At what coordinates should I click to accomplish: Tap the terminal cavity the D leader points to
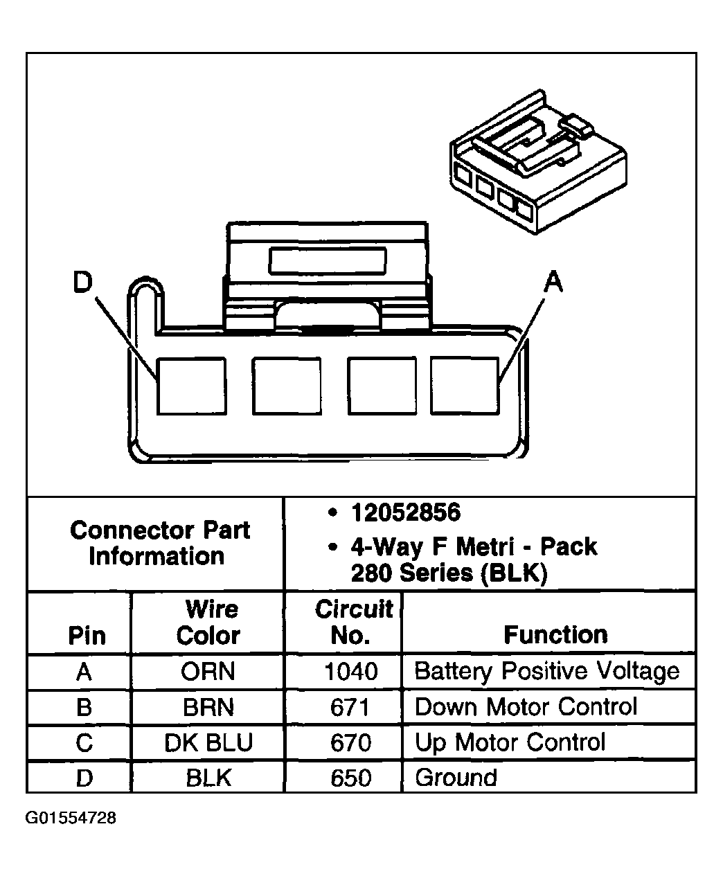192,386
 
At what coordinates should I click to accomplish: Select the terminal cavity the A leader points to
465,386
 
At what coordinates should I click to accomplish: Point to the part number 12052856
406,512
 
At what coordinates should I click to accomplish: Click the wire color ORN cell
208,671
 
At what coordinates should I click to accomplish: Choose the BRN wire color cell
208,707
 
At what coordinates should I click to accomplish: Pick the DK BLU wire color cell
208,742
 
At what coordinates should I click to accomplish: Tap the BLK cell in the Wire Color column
208,778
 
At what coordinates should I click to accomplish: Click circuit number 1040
351,671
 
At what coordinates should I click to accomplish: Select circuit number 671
350,707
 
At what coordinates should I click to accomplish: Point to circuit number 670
350,742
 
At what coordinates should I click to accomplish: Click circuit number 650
350,778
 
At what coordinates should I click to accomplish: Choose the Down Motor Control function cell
526,707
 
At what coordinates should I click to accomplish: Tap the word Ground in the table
456,778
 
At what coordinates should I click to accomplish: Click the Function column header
555,634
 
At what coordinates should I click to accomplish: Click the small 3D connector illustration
538,161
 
